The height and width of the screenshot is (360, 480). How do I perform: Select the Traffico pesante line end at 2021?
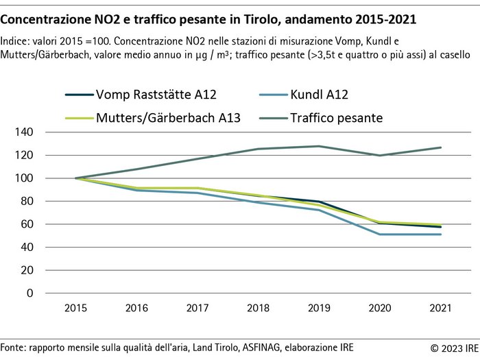[x=441, y=147]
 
